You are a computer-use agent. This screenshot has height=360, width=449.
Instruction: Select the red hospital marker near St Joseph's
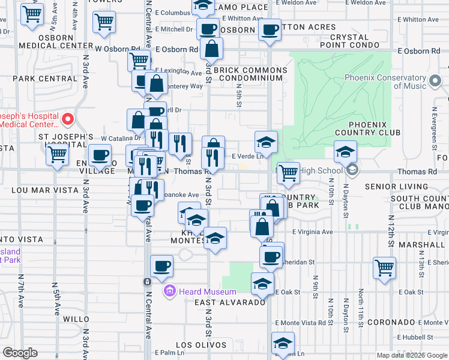point(68,119)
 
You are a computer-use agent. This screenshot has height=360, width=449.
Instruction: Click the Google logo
point(20,353)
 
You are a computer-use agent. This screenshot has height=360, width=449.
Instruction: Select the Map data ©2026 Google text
point(411,355)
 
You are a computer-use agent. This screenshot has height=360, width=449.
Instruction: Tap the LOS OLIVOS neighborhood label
point(201,345)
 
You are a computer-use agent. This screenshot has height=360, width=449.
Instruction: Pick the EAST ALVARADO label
point(230,302)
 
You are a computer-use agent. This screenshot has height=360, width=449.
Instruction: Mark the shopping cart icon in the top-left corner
point(32,14)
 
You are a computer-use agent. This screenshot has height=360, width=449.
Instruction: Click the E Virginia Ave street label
point(312,232)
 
